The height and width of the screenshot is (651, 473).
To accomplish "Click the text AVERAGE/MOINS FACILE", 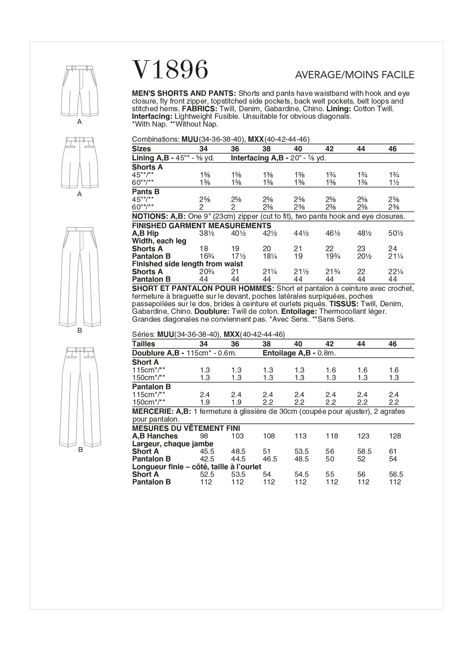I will (354, 75).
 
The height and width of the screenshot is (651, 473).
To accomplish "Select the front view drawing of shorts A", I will (80, 90).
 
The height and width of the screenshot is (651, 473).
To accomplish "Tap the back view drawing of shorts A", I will (80, 162).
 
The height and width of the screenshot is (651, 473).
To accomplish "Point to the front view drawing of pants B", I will (80, 277).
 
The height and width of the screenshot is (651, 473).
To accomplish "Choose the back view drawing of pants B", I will (80, 396).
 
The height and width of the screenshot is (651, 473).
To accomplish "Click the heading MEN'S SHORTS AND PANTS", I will (184, 93).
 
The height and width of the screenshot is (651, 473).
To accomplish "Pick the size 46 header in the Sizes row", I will (392, 149).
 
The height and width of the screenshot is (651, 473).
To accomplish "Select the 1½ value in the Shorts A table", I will (394, 183).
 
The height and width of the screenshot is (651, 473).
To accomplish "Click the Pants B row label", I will (146, 192).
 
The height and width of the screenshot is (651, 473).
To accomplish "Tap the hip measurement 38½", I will (206, 234).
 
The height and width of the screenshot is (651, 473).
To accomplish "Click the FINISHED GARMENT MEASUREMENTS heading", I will (202, 226).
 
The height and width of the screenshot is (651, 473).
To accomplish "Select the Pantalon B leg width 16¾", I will (206, 256).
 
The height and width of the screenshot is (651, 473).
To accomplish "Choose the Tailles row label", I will (143, 344).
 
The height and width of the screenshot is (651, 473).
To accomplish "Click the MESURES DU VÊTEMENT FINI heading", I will (186, 428).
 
